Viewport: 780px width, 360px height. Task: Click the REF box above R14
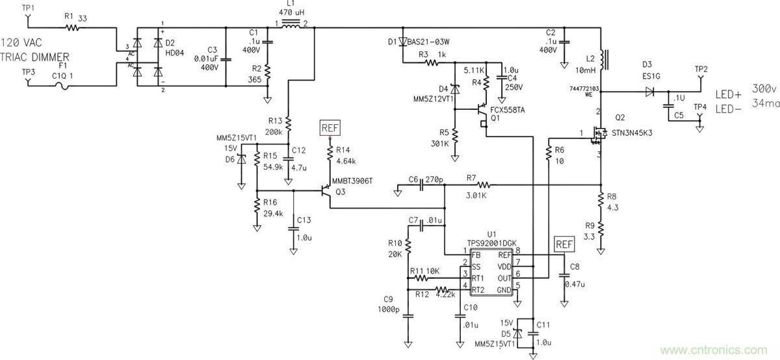330,127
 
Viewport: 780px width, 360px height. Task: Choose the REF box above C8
564,244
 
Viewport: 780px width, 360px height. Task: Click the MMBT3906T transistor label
352,181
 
